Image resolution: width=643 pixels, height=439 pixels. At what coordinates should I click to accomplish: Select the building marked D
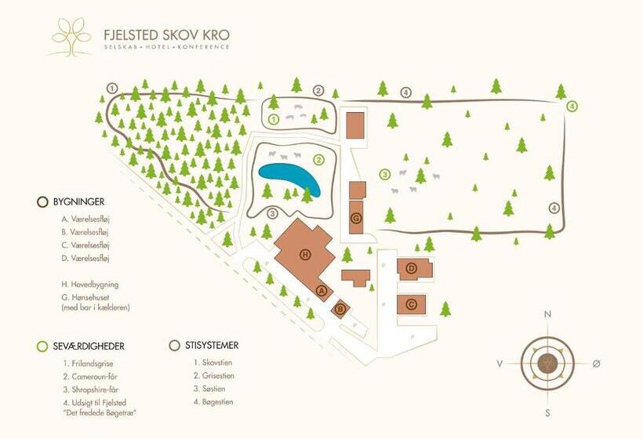click(x=412, y=269)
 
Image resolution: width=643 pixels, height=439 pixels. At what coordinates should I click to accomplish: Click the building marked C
click(x=411, y=303)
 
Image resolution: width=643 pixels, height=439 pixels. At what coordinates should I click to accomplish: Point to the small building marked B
click(x=340, y=309)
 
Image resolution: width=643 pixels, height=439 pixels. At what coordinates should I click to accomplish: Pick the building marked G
click(x=356, y=218)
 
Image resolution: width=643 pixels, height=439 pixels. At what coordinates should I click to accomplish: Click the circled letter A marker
click(x=320, y=290)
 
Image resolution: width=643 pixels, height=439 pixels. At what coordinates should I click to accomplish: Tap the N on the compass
click(x=547, y=315)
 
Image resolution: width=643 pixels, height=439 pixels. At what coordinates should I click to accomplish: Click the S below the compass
click(x=547, y=413)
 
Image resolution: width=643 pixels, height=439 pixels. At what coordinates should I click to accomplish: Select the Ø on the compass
click(x=597, y=364)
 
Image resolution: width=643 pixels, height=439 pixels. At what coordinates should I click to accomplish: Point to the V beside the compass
click(x=499, y=364)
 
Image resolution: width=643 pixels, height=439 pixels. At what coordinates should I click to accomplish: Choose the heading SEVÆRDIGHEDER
click(x=87, y=346)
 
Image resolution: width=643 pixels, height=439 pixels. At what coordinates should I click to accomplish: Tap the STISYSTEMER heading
click(x=210, y=345)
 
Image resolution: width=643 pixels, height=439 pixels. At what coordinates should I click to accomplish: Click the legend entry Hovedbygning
click(x=89, y=285)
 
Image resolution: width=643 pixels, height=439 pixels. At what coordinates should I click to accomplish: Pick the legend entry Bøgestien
click(x=213, y=402)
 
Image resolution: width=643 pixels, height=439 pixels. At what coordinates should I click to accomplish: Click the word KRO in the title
click(x=213, y=34)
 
